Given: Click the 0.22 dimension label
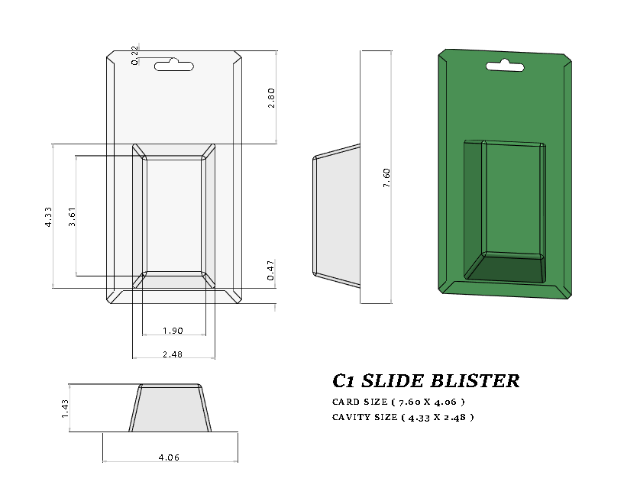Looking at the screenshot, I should (135, 55).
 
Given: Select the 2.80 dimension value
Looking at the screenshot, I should (271, 97).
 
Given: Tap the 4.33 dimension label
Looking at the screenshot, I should (47, 216).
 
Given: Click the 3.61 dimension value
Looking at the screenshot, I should (72, 216).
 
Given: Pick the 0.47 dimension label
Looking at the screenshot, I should (271, 271).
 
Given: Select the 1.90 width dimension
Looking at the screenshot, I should (173, 331).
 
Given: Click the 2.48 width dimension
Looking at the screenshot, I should (173, 354).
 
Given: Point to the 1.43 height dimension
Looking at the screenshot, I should (65, 408).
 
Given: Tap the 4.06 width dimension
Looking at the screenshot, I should (169, 457).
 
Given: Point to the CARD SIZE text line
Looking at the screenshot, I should (398, 402).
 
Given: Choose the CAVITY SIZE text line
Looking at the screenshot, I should (403, 417).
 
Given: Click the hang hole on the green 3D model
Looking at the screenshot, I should (506, 67).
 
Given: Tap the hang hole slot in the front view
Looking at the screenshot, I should (173, 66).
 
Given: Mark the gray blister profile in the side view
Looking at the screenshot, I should (336, 214).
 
